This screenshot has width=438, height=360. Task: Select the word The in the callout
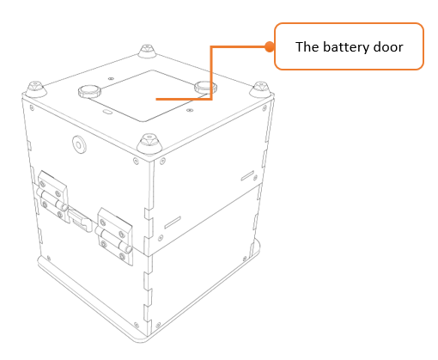pos(307,46)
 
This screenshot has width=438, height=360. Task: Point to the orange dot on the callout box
pos(269,46)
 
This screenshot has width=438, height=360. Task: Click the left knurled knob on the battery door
pos(89,91)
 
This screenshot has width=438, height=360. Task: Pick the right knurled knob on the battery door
pos(204,87)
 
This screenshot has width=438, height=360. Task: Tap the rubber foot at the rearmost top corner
pos(148,51)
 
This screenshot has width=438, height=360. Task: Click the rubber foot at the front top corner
pos(149,143)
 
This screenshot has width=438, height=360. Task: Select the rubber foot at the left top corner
pos(36,88)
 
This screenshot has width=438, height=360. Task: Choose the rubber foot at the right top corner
pos(260,88)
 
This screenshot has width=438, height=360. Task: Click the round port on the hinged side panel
pos(79,144)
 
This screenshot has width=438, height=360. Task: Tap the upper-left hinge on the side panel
pos(52,196)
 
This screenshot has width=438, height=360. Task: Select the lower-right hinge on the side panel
pos(114,235)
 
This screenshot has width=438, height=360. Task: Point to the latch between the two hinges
pos(80,220)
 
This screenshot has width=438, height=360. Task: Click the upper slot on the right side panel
pos(247,175)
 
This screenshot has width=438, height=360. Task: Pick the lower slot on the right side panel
pos(173,223)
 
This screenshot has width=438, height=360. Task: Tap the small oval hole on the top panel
pos(107,112)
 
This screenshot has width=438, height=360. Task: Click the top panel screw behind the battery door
pos(111,78)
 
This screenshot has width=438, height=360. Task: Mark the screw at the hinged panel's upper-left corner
pos(32,108)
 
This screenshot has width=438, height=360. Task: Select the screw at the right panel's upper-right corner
pos(265,108)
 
